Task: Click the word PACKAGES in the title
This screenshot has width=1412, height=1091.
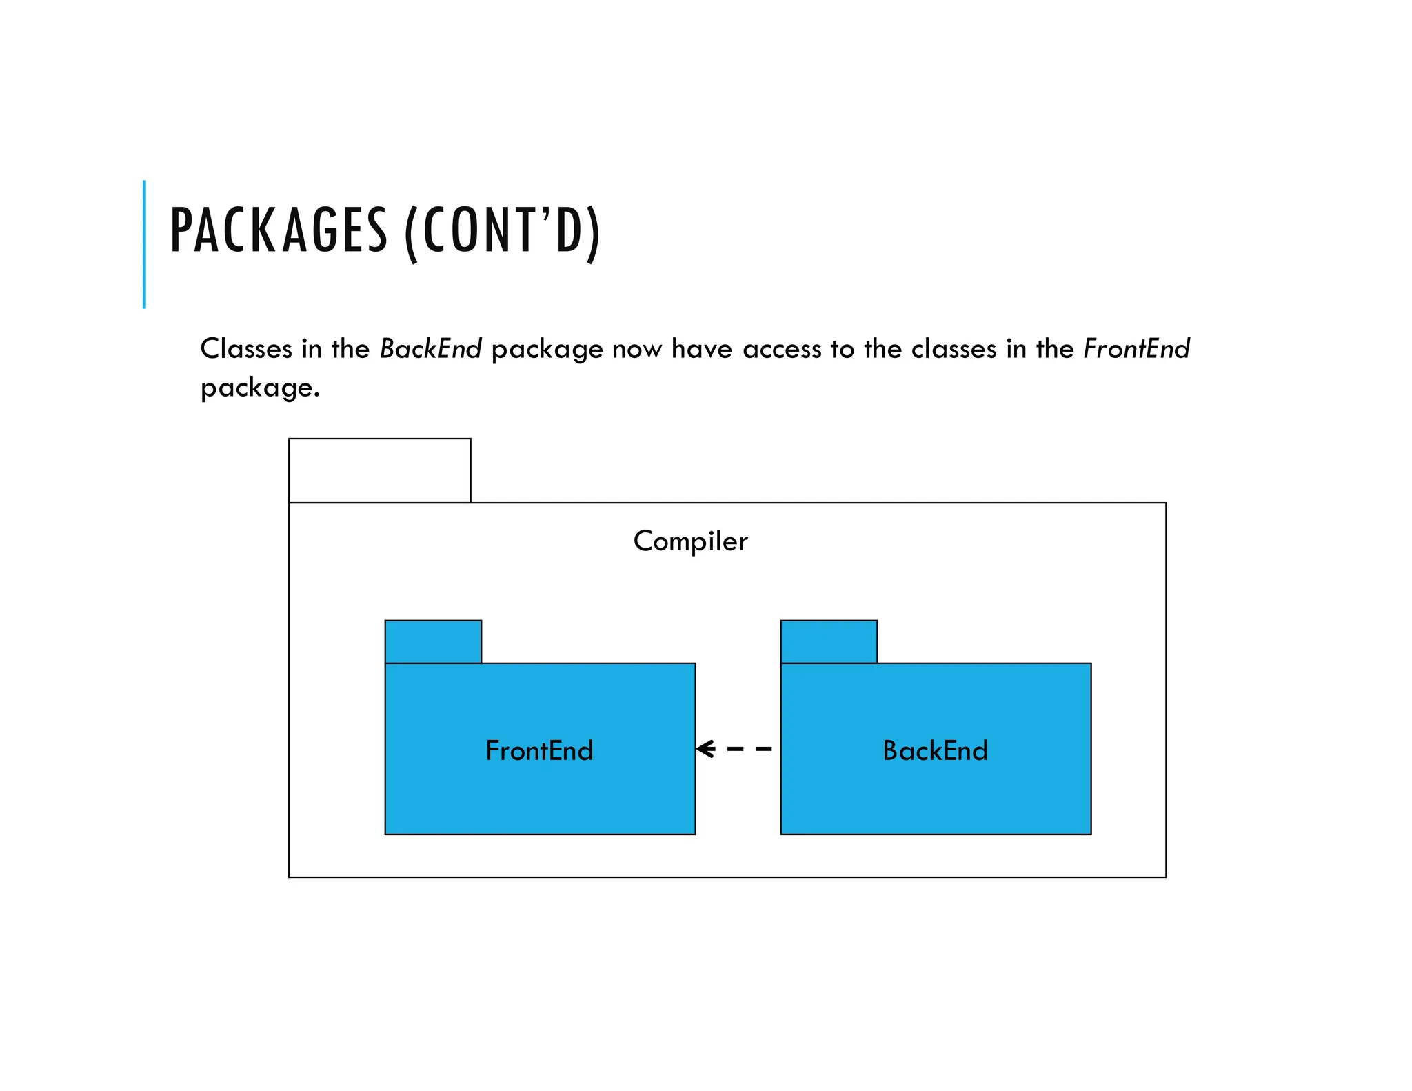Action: (x=279, y=230)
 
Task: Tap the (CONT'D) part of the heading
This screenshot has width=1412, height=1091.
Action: (x=502, y=232)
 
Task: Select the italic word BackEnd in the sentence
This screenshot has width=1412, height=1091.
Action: (x=430, y=349)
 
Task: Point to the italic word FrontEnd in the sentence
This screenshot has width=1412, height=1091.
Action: (x=1136, y=349)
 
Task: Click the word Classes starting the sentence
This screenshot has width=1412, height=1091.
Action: (x=246, y=349)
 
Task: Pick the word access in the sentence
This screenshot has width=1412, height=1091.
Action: (x=783, y=349)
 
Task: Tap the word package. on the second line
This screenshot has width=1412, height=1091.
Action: (x=260, y=388)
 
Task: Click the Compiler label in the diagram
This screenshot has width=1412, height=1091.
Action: (x=690, y=541)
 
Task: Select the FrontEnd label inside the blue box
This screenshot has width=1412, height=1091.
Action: (x=539, y=750)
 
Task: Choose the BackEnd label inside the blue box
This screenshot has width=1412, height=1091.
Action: (x=935, y=750)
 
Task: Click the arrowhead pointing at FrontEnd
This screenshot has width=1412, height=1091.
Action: (x=705, y=749)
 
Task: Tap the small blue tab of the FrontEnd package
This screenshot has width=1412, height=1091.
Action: (x=433, y=641)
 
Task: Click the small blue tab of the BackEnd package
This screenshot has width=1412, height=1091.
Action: (x=829, y=641)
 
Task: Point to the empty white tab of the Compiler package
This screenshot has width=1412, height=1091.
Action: (x=379, y=470)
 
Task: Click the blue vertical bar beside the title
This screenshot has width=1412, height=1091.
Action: (x=144, y=244)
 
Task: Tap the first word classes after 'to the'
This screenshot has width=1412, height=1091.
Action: (x=954, y=349)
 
